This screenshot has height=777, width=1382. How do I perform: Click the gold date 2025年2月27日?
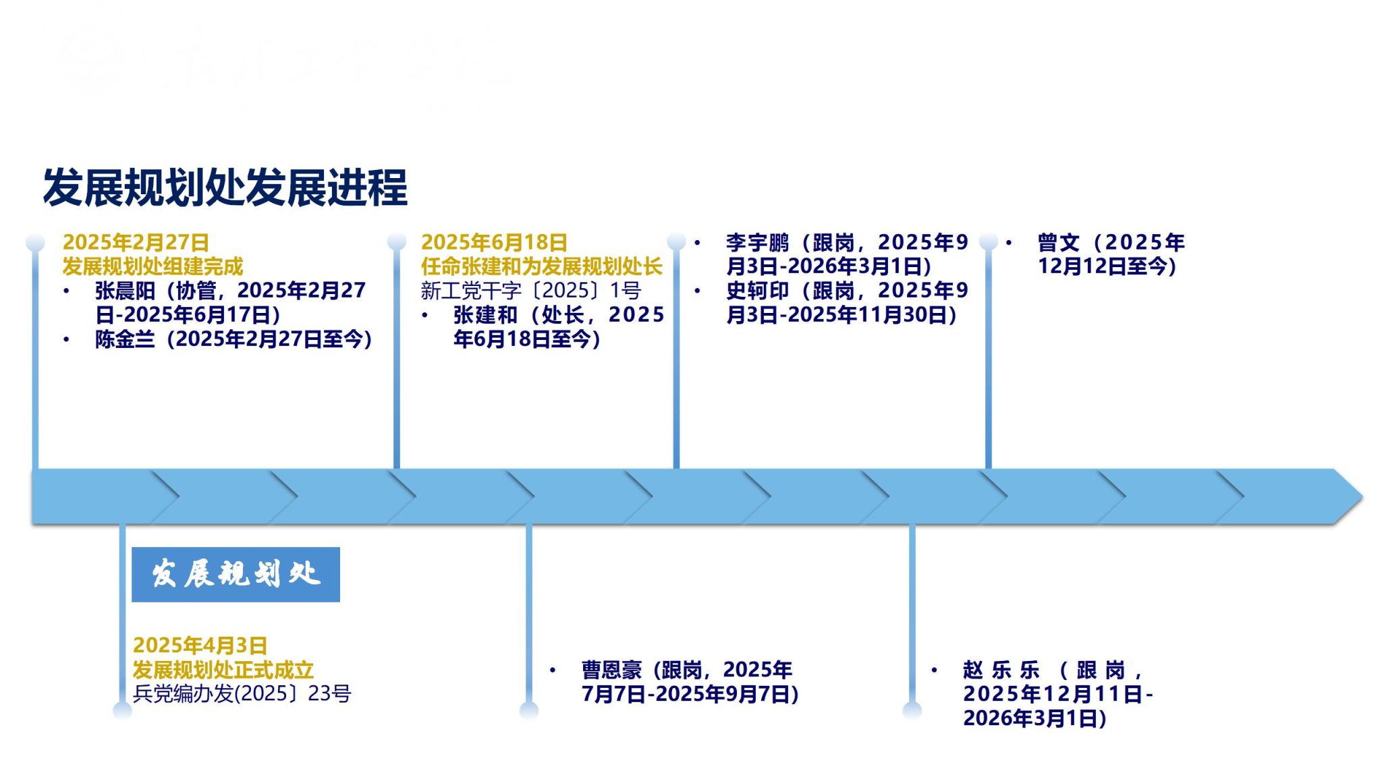(136, 242)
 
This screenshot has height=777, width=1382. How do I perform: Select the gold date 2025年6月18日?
(494, 242)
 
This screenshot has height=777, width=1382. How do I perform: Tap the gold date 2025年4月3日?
(200, 645)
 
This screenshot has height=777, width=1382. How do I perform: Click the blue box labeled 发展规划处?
(236, 574)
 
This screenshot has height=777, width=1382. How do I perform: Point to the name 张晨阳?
(125, 291)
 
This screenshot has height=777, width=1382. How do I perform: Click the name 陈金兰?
(125, 339)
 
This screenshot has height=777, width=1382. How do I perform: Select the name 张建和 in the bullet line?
(485, 315)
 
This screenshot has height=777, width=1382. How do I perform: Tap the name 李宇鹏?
(757, 242)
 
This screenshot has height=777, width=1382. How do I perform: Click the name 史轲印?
(757, 291)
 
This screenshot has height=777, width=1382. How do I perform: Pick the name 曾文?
(1058, 242)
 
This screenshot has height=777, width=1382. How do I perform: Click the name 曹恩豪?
(611, 670)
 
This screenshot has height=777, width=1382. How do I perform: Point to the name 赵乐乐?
(1001, 670)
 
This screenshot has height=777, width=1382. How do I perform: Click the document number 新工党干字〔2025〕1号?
(530, 291)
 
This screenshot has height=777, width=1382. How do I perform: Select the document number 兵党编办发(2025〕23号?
(242, 693)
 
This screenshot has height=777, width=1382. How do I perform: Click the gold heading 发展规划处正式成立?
(223, 670)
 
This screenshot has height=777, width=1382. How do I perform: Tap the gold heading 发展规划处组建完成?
(153, 266)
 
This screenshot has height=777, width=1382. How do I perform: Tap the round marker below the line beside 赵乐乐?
(912, 710)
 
